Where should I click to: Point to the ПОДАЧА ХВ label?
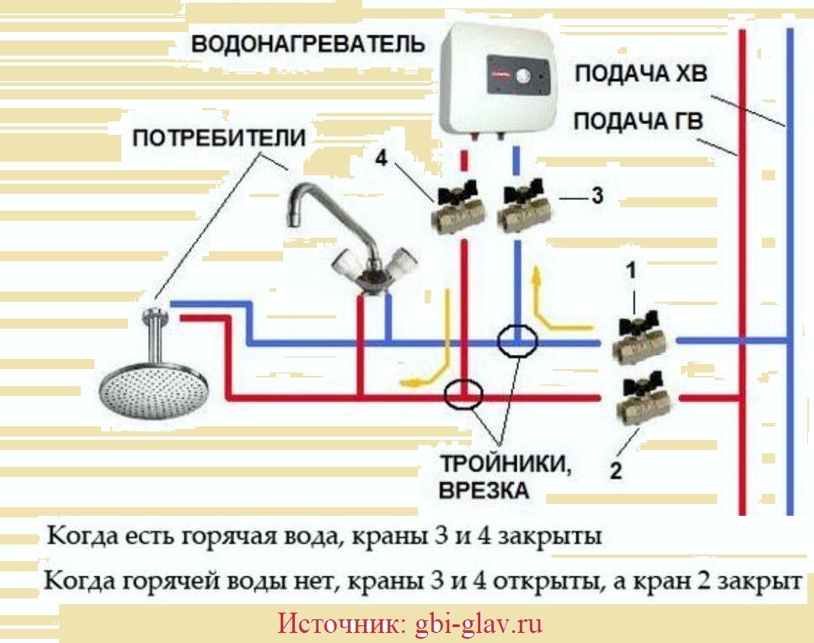pos(641,73)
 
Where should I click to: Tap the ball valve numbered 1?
pos(641,339)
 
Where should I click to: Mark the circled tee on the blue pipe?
pos(517,342)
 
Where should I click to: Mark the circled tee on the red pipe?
pos(462,394)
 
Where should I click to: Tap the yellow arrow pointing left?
pos(421,371)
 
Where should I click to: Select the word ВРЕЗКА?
pos(484,490)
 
